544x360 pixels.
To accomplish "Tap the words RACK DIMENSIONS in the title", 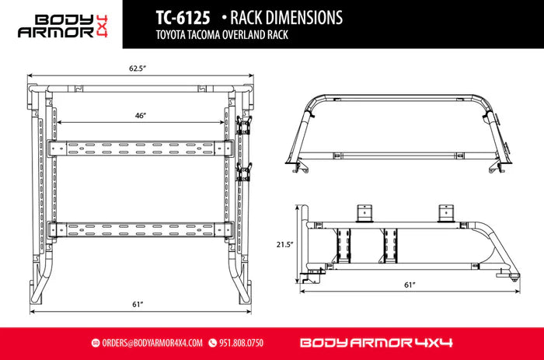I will pyautogui.click(x=276, y=16).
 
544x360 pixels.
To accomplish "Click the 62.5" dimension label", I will pyautogui.click(x=138, y=68).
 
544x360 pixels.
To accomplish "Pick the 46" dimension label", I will pyautogui.click(x=141, y=115).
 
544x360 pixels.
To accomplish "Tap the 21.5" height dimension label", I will pyautogui.click(x=285, y=244).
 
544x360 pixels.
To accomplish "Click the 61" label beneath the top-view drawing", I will pyautogui.click(x=138, y=303).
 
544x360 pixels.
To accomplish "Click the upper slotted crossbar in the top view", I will pyautogui.click(x=140, y=148).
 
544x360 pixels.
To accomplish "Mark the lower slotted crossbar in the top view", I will pyautogui.click(x=140, y=229).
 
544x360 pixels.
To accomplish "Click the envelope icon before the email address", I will pyautogui.click(x=96, y=342).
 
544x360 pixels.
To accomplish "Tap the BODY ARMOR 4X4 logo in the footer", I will pyautogui.click(x=375, y=342).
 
